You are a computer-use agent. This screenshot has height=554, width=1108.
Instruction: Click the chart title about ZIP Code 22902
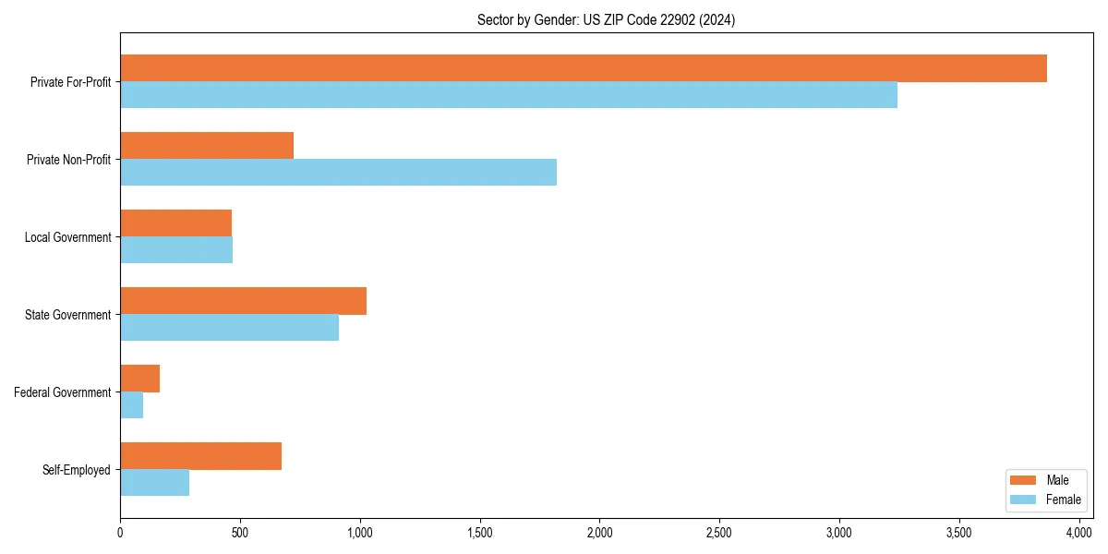tap(606, 19)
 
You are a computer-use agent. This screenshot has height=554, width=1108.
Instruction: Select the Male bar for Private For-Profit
tap(583, 68)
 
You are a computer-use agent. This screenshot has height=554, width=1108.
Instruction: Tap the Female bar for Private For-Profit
tap(508, 95)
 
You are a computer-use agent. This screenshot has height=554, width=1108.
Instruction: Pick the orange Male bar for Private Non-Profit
tap(207, 146)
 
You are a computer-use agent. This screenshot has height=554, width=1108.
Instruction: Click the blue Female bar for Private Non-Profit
tap(338, 173)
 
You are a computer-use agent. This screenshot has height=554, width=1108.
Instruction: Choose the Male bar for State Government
tap(243, 301)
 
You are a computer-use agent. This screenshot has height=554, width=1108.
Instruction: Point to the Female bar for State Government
tap(229, 328)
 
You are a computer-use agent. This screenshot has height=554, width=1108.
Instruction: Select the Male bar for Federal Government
tap(139, 379)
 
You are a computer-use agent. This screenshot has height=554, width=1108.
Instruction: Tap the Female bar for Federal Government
tap(131, 405)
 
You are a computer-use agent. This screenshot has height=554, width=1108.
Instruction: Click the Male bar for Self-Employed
tap(200, 456)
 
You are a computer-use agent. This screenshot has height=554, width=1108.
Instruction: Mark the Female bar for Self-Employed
tap(154, 483)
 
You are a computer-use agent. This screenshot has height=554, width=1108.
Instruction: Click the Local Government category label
tap(67, 237)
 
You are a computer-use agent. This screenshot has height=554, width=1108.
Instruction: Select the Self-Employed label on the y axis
tap(77, 470)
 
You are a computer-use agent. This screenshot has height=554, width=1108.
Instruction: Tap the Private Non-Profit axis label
tap(68, 160)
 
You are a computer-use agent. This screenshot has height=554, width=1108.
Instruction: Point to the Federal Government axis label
tap(63, 392)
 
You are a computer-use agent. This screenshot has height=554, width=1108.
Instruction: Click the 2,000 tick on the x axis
tap(599, 533)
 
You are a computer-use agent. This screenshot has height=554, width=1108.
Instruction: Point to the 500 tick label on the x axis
tap(239, 533)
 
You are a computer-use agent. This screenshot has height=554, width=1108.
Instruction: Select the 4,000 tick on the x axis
tap(1078, 533)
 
